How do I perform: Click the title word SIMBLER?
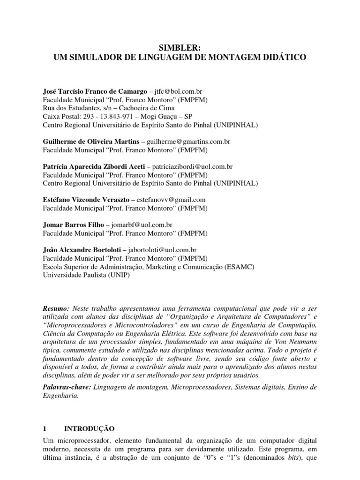[180, 48]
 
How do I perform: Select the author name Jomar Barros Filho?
[73, 225]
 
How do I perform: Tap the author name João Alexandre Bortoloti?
[82, 250]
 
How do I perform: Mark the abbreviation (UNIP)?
[118, 276]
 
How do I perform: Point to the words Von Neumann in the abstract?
[296, 342]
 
